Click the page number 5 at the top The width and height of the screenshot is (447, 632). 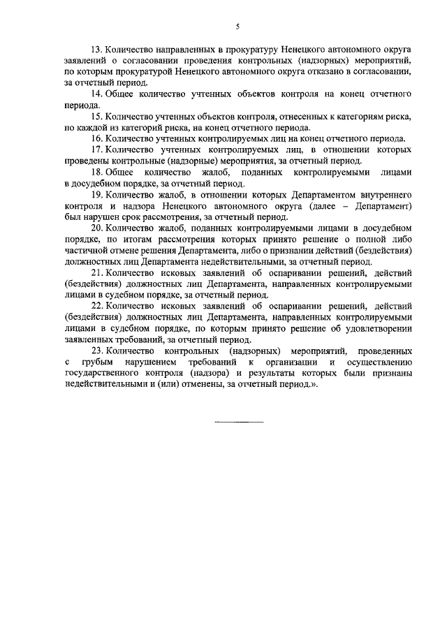pyautogui.click(x=237, y=26)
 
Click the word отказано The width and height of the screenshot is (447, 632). pyautogui.click(x=334, y=72)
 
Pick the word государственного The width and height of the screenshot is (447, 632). pyautogui.click(x=105, y=374)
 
